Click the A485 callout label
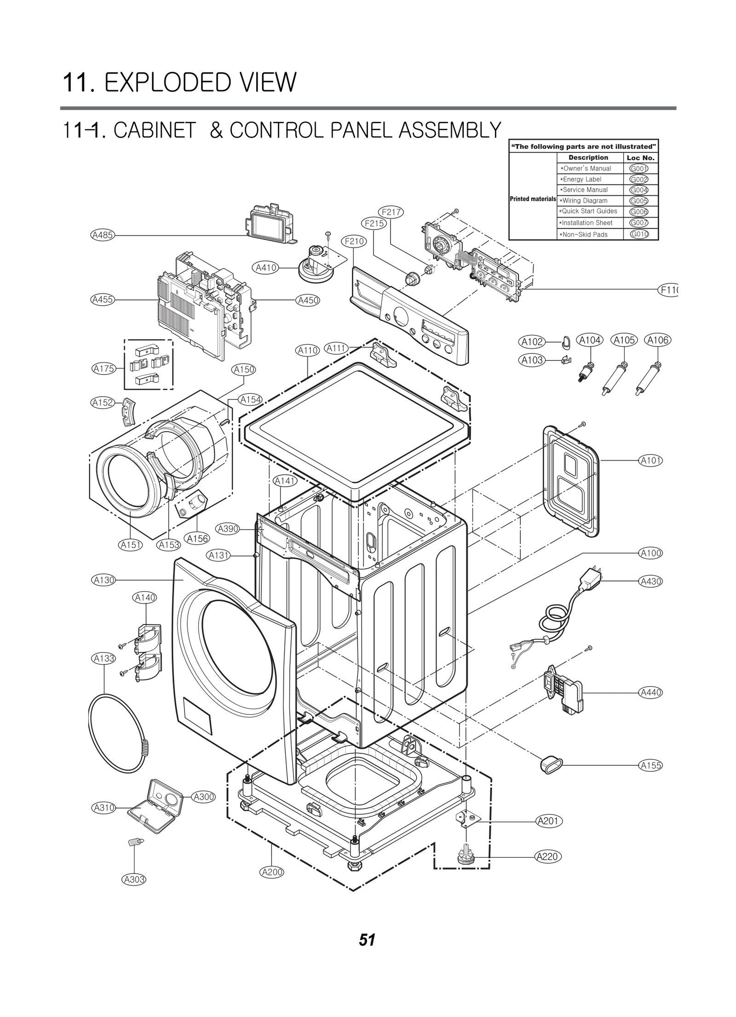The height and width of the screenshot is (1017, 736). [x=102, y=235]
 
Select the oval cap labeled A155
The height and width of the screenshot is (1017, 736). [x=550, y=764]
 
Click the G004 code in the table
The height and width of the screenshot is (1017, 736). [x=638, y=190]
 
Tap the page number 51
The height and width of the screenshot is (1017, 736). [x=367, y=940]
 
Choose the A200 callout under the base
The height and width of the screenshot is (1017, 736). [x=272, y=872]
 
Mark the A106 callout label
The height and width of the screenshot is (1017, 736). [x=657, y=340]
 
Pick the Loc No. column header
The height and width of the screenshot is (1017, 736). [x=640, y=157]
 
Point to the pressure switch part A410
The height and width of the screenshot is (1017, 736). [x=316, y=263]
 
